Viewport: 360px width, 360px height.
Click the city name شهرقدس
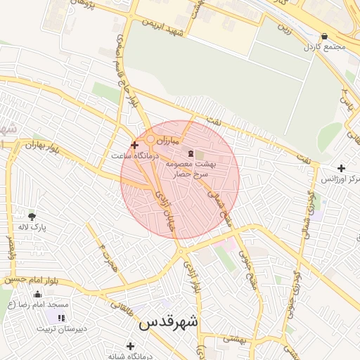(169, 322)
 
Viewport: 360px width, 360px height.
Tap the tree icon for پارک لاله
(31, 216)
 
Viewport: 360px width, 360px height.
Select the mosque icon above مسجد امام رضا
(37, 294)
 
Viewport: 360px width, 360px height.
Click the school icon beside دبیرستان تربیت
(61, 319)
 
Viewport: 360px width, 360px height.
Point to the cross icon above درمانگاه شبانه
(130, 345)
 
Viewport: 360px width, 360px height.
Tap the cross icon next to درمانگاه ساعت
(134, 145)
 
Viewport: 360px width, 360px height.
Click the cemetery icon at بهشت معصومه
(190, 153)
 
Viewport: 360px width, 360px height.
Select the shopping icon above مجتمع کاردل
(323, 37)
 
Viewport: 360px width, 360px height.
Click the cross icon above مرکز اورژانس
(341, 168)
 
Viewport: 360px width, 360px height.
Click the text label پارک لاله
(32, 229)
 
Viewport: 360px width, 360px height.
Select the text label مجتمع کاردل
(323, 48)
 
